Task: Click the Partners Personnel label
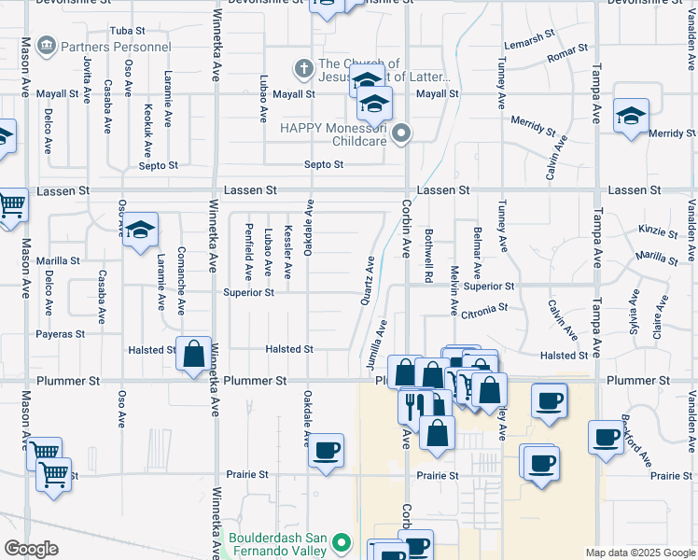coord(117,46)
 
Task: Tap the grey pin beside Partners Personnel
coord(45,46)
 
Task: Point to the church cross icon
coord(302,68)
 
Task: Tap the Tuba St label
coord(128,32)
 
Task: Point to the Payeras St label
coord(61,333)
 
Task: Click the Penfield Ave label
coord(248,252)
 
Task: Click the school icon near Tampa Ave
coord(632,118)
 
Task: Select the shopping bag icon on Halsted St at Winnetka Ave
coord(194,354)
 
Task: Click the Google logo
coord(32,548)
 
